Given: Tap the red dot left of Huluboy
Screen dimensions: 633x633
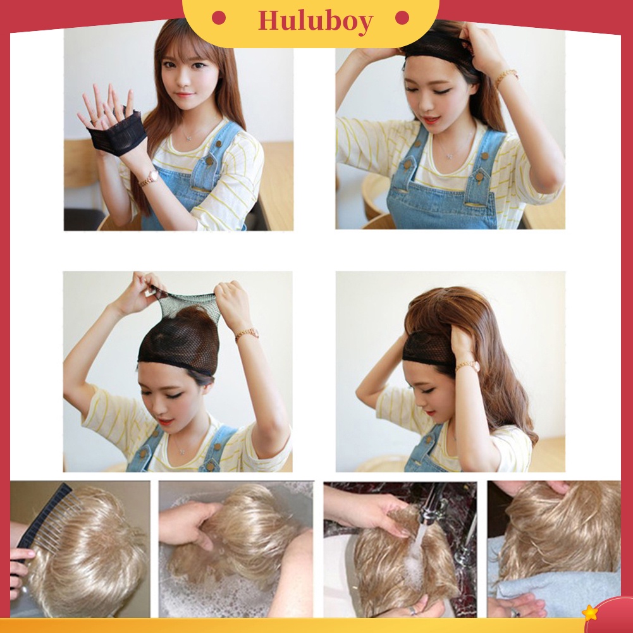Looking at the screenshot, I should tap(219, 18).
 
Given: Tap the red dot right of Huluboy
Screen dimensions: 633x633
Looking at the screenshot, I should tap(402, 18).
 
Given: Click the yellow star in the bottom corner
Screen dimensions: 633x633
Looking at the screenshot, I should tap(589, 612).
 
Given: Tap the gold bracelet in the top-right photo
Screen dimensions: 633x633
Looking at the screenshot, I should tap(505, 77).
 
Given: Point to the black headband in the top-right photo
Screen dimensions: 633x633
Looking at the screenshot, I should tap(439, 44).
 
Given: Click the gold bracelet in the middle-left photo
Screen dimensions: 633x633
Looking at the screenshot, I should tap(247, 333).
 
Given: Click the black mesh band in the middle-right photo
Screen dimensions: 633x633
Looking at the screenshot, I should tap(429, 346).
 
